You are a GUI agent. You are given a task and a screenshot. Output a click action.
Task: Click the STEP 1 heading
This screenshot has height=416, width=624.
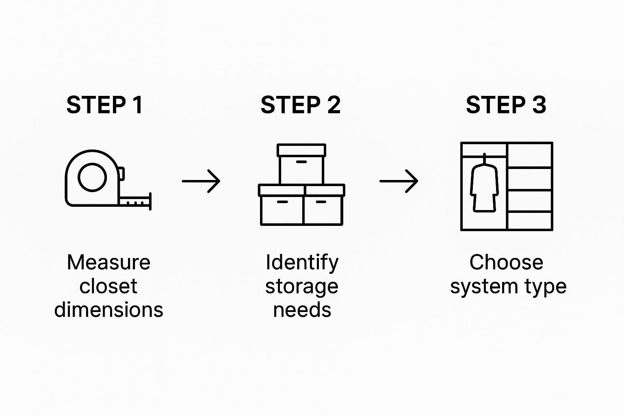point(104,105)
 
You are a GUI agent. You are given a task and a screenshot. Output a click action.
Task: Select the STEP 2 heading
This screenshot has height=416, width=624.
point(300,105)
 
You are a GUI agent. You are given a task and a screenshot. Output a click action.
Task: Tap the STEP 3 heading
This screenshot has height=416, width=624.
point(506,105)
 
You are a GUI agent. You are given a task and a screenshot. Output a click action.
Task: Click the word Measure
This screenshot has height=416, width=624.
point(108,262)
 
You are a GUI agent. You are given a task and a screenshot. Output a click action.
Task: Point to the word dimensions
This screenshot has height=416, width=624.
point(108,310)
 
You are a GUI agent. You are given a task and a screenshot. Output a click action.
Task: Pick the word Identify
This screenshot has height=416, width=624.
point(302,262)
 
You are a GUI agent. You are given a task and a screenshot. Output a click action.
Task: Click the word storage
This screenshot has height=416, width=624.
point(301,286)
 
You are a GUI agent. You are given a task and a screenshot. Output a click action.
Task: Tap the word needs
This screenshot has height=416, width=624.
point(302,310)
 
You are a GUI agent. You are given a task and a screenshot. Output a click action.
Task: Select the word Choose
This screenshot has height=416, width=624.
point(506,262)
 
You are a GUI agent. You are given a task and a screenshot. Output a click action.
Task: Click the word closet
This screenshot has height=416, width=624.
point(108,286)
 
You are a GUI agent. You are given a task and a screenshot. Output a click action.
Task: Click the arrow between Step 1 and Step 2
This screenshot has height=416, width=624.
point(201,181)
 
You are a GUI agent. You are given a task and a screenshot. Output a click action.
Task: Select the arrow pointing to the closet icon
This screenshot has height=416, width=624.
point(399,181)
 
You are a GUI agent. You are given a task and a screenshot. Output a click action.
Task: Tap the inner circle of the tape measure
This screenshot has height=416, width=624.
point(92,178)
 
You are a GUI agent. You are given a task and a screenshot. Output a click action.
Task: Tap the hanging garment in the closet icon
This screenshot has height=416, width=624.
point(484,187)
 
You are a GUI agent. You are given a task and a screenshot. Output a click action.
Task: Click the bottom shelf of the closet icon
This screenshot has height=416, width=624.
point(530,221)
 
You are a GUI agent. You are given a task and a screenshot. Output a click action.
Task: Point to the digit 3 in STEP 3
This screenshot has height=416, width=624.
point(539,105)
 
